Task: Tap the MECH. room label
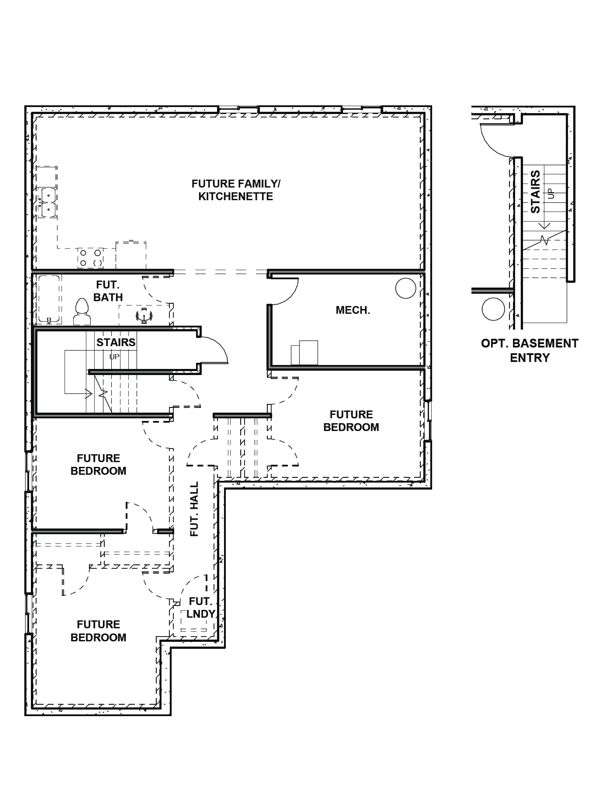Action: tap(353, 310)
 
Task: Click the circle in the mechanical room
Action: tap(405, 288)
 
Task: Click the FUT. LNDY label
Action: tap(201, 608)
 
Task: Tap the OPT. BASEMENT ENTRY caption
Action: tap(530, 350)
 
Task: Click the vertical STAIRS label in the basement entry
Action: tap(535, 191)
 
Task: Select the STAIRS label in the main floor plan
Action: tap(116, 342)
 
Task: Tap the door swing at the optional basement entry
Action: tap(493, 143)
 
